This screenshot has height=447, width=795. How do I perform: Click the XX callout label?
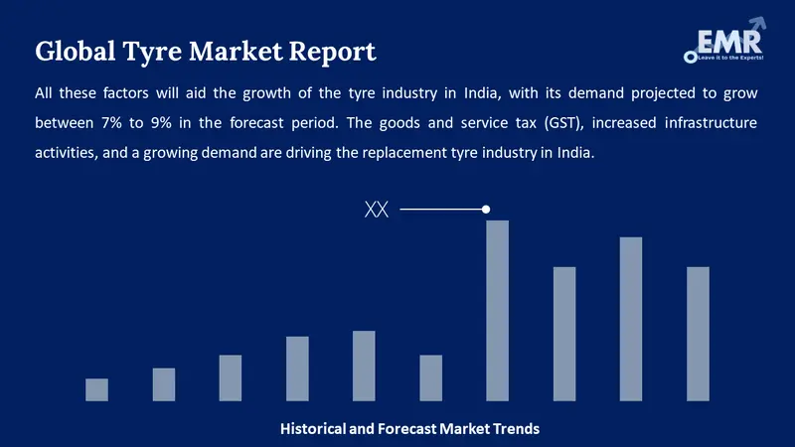click(377, 210)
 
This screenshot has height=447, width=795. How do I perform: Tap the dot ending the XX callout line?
click(486, 210)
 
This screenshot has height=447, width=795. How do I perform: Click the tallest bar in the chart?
click(497, 310)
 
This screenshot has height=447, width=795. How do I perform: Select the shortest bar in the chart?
click(96, 389)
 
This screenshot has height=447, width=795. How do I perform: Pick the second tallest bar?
click(631, 318)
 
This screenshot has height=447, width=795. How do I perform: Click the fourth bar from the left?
click(297, 369)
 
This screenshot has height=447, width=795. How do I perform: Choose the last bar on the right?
click(698, 334)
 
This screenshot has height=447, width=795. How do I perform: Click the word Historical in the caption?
click(314, 429)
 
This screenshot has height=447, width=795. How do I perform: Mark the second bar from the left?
click(164, 384)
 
